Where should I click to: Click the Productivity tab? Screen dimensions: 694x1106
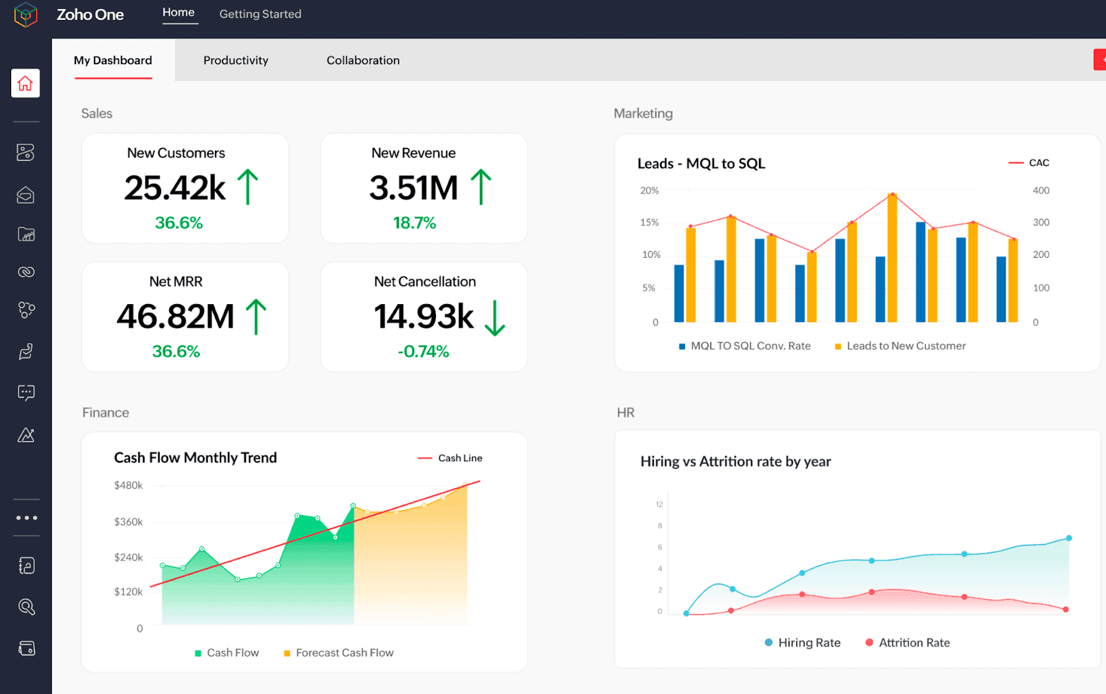236,60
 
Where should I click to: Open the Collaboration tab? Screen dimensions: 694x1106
363,60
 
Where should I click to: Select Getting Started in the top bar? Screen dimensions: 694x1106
260,14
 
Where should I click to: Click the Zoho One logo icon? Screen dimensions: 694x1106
26,15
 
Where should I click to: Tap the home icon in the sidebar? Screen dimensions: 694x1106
26,84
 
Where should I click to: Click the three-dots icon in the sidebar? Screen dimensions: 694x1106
26,518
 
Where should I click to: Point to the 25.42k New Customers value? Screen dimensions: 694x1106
175,188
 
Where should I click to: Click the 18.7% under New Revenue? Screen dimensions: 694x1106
414,223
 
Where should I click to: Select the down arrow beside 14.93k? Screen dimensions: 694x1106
495,318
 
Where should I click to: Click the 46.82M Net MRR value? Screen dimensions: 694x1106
176,317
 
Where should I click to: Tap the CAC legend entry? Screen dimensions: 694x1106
1029,163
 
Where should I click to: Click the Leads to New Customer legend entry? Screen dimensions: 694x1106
900,346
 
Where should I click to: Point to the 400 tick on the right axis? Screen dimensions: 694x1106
1040,191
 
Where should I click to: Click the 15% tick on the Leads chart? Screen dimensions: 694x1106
649,223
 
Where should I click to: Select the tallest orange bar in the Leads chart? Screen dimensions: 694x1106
892,259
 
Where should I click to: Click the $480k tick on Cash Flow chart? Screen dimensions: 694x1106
129,485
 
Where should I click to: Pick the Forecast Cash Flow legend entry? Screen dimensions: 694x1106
339,653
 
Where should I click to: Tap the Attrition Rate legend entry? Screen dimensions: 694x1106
908,642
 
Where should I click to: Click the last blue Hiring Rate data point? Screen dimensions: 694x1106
1069,538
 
